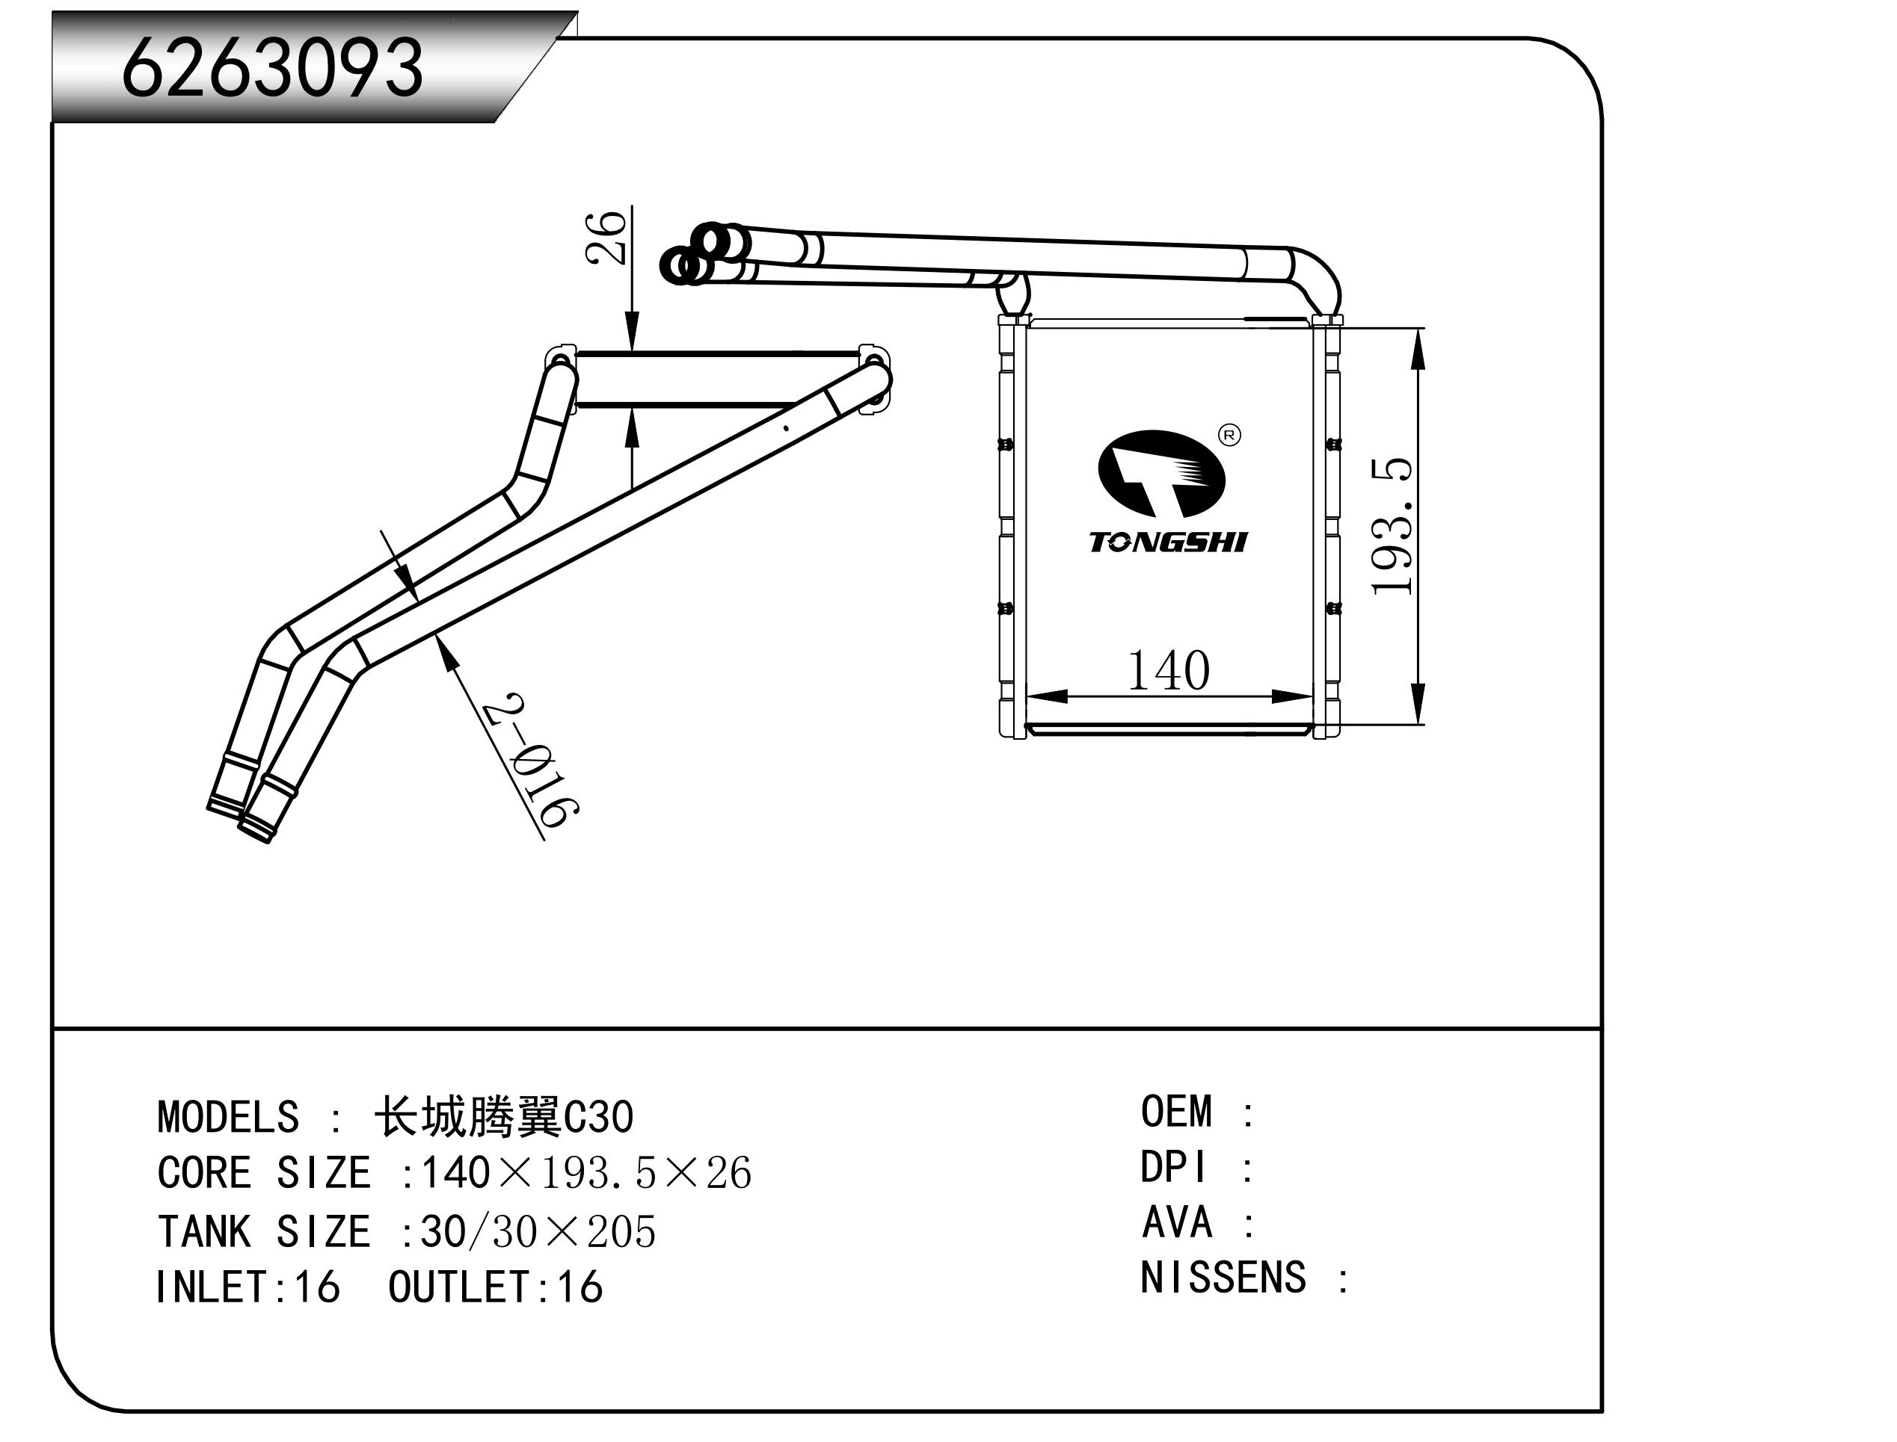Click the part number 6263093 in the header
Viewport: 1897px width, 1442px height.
pyautogui.click(x=273, y=68)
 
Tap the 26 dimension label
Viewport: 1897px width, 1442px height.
pyautogui.click(x=607, y=238)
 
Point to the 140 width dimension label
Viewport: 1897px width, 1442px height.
pyautogui.click(x=1168, y=671)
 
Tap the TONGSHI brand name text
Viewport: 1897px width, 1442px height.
pyautogui.click(x=1168, y=542)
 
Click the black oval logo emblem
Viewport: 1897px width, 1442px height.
pyautogui.click(x=1161, y=473)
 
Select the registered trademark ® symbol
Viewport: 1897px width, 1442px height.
pyautogui.click(x=1230, y=436)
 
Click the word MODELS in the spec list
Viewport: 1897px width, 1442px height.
pyautogui.click(x=228, y=1118)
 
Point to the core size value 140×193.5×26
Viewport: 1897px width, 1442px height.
pyautogui.click(x=585, y=1173)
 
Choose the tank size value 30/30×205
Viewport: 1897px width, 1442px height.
pyautogui.click(x=538, y=1232)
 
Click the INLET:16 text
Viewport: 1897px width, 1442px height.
pyautogui.click(x=248, y=1287)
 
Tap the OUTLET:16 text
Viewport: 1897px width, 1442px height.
pyautogui.click(x=496, y=1287)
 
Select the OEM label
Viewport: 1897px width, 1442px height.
pyautogui.click(x=1176, y=1113)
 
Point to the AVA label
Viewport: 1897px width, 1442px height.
pyautogui.click(x=1176, y=1223)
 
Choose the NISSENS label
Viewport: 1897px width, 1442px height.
pyautogui.click(x=1223, y=1278)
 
